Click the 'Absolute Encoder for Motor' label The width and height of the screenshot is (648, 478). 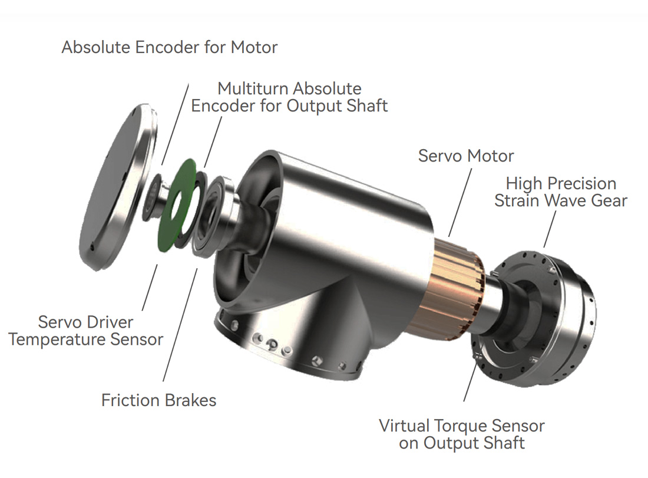(169, 47)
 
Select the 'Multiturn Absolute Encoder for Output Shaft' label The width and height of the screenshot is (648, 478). (289, 97)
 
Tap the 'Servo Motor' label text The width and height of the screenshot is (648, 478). (465, 156)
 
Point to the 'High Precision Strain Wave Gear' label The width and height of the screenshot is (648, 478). (560, 192)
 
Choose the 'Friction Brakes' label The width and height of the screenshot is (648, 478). (158, 401)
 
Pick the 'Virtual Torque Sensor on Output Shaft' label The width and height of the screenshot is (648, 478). (461, 434)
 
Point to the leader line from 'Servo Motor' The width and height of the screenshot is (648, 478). (461, 201)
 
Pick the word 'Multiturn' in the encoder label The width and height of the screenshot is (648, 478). (255, 89)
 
